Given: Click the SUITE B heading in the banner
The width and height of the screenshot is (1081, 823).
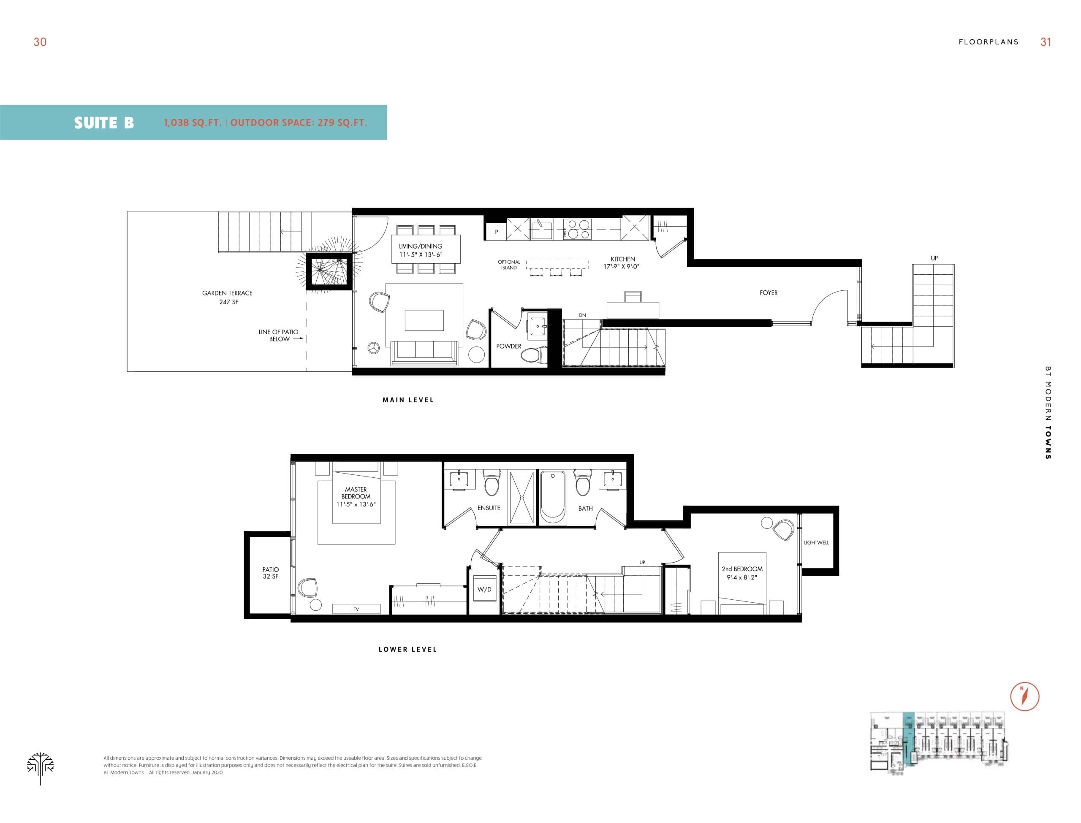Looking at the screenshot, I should pos(104,122).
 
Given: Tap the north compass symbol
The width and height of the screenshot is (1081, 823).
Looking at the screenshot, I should pos(1024,696).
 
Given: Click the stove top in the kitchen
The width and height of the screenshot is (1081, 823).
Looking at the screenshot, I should pos(577,229).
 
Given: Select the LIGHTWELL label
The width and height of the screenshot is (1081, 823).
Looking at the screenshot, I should pos(816,542).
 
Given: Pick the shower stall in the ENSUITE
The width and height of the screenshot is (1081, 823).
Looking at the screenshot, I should pos(521,498).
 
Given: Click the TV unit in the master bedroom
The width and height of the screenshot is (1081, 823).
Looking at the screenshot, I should pos(356,609).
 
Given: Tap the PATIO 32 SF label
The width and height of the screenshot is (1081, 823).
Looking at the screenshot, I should pos(271,573).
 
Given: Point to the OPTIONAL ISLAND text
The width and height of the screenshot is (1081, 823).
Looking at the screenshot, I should pos(509,265).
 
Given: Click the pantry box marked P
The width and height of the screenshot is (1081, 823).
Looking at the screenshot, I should pos(496,232).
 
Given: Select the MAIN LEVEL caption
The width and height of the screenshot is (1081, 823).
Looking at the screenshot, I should pos(408,400).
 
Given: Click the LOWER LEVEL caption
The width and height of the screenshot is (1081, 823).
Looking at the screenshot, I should pos(407,649).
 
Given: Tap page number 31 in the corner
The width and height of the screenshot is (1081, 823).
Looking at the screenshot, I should pos(1045,42).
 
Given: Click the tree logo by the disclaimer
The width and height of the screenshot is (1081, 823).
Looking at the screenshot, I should pos(40,767).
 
